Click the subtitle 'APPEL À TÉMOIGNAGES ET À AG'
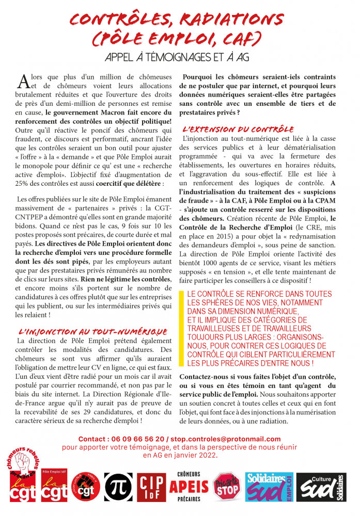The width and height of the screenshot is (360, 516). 179,56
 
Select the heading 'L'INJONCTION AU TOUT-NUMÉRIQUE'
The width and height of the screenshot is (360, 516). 93,331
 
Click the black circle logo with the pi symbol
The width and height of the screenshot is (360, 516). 118,485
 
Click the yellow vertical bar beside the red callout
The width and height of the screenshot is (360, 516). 181,328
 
